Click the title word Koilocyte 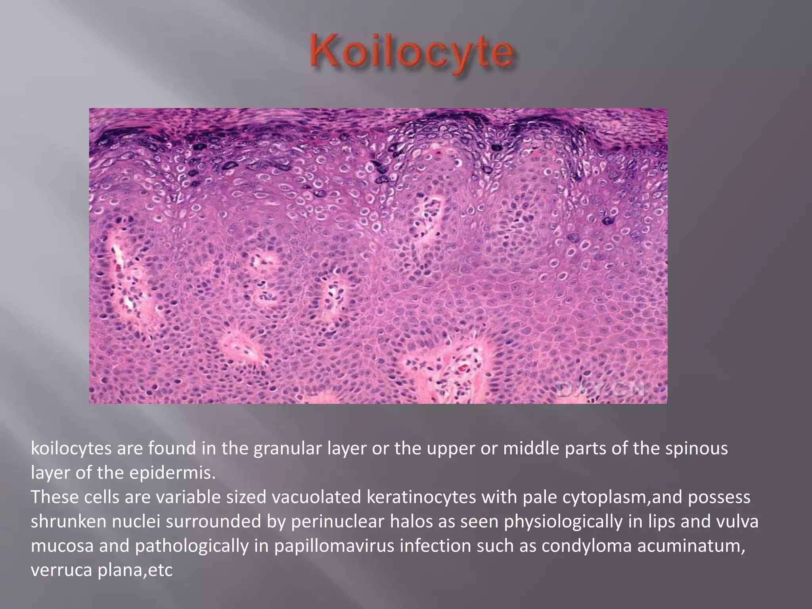[x=412, y=56]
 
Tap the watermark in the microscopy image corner [x=603, y=390]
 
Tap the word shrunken [x=68, y=521]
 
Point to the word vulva [x=737, y=521]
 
